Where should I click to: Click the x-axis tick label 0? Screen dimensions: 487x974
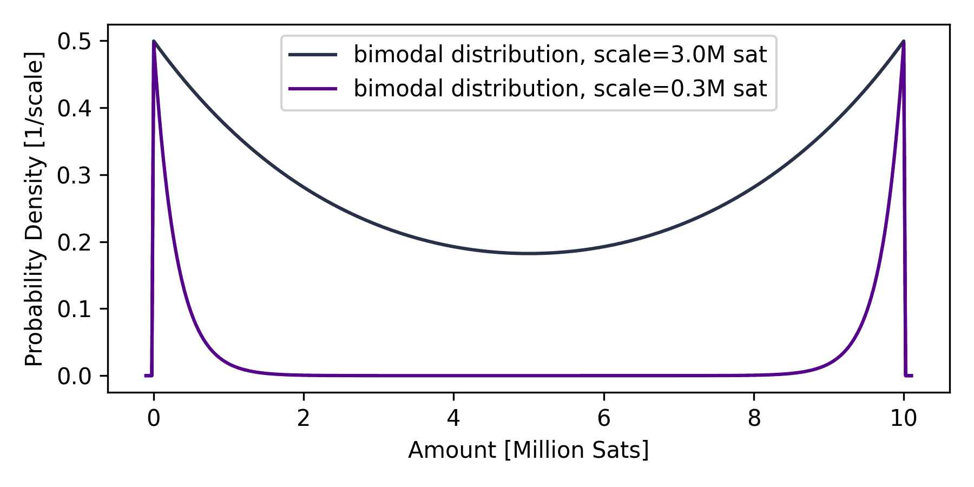[x=154, y=418]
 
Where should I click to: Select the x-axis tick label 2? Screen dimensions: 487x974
[x=304, y=418]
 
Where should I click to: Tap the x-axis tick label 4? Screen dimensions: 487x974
[x=453, y=418]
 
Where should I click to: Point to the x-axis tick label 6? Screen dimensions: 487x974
[x=603, y=418]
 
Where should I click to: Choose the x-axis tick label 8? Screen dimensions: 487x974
[x=754, y=418]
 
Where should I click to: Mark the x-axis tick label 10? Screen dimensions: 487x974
[x=904, y=418]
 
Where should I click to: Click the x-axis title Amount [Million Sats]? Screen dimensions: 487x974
[x=529, y=450]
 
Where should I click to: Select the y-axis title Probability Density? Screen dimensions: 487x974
[x=34, y=208]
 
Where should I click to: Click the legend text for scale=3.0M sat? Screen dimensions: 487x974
[x=560, y=55]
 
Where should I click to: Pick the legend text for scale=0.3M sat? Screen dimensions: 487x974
[x=560, y=88]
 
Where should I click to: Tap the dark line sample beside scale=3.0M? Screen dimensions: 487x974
[x=313, y=55]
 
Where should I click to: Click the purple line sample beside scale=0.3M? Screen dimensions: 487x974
[x=313, y=88]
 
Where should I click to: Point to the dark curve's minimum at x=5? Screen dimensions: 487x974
[x=529, y=253]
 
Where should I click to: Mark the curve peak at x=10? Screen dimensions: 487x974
[x=903, y=42]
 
